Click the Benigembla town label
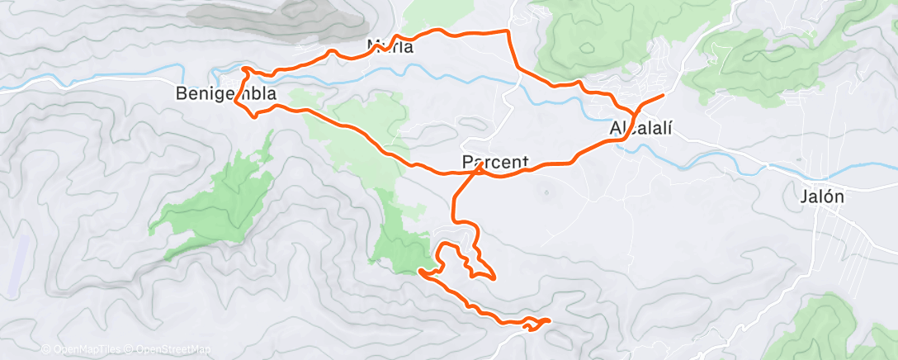(226, 94)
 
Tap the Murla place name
(390, 47)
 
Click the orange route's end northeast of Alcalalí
(663, 96)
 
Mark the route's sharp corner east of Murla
(507, 31)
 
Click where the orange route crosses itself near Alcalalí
(634, 113)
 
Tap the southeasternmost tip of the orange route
(549, 320)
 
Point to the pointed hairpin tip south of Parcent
(494, 278)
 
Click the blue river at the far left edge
(17, 84)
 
